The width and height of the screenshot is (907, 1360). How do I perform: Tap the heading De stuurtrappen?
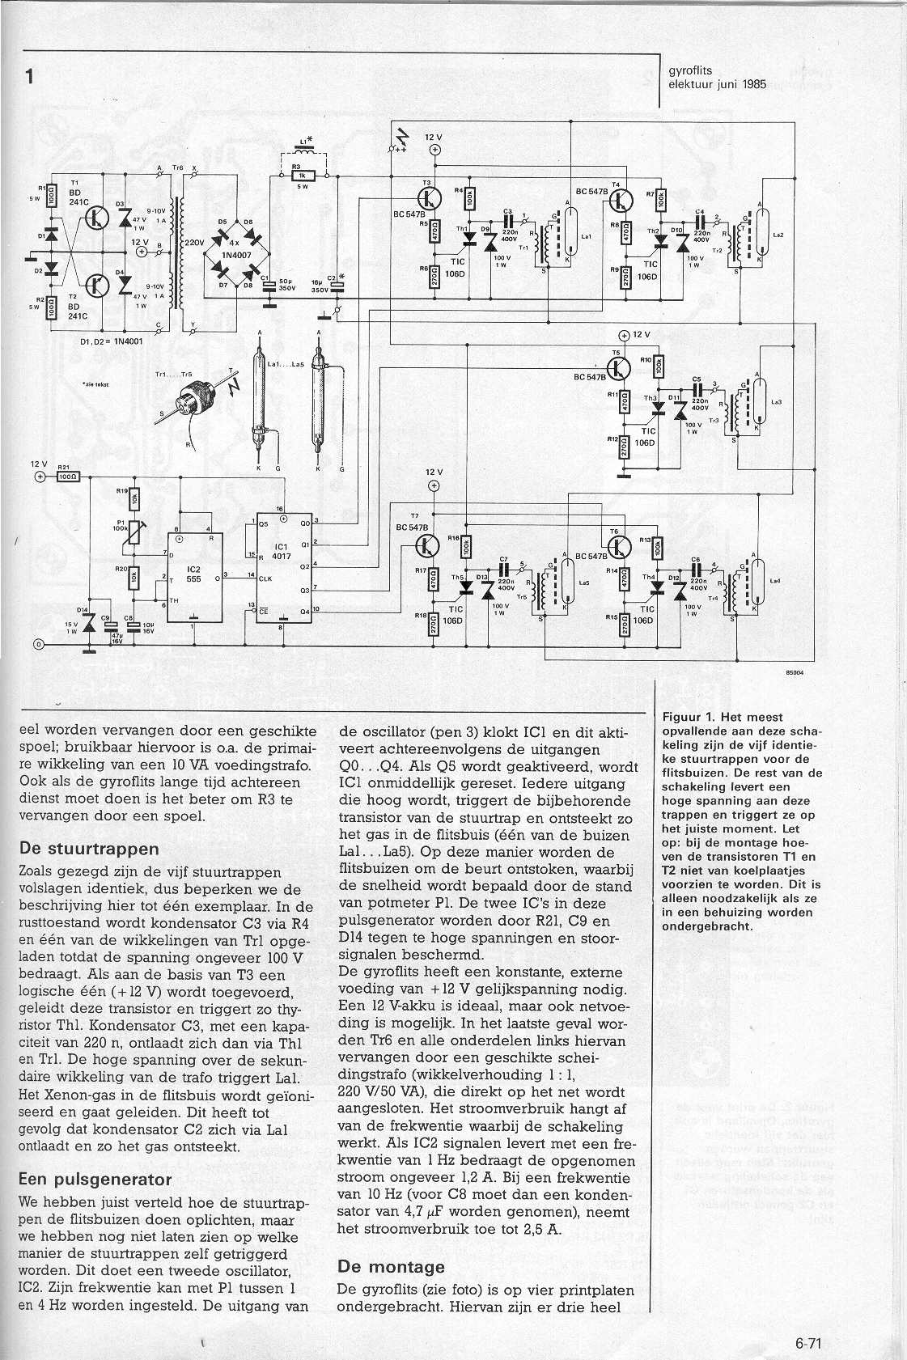pos(88,849)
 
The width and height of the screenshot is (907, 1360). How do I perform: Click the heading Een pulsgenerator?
pos(95,1179)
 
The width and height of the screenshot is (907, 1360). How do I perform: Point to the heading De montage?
pos(391,1266)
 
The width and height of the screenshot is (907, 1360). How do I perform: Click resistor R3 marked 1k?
pos(301,175)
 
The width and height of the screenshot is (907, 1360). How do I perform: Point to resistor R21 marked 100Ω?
pos(66,477)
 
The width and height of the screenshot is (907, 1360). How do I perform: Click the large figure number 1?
pos(30,76)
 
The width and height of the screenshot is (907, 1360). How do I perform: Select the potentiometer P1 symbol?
pos(134,530)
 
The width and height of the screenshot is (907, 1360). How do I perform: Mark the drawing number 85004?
pos(794,671)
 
